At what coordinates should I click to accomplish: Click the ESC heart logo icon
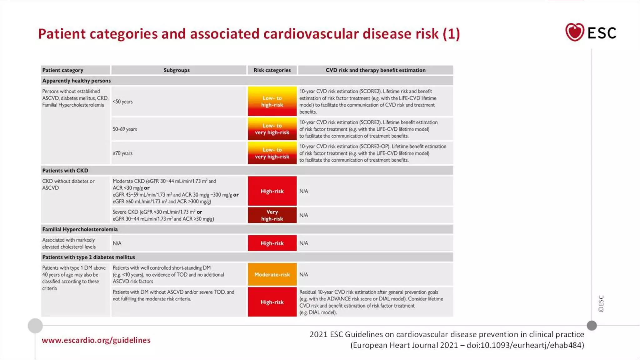[574, 32]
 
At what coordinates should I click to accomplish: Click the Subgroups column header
[177, 70]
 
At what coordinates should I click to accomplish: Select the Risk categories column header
[272, 70]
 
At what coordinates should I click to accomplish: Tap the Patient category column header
[63, 70]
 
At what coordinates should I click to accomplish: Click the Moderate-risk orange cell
[272, 274]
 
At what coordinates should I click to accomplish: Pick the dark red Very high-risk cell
[272, 215]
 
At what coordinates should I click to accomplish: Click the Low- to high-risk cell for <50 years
[272, 102]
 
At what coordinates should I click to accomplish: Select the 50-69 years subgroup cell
[125, 129]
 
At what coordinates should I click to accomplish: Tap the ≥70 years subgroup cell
[123, 153]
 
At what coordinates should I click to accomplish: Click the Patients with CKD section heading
[65, 171]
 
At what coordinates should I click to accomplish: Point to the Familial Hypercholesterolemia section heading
[80, 229]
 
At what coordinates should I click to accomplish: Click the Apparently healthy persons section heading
[77, 81]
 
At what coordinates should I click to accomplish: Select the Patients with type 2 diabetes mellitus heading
[89, 257]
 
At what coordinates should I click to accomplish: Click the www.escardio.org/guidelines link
[96, 340]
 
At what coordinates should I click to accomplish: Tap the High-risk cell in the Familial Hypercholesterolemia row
[272, 243]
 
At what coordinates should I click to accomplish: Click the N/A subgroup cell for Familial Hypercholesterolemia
[117, 243]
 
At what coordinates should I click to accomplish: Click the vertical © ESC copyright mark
[601, 303]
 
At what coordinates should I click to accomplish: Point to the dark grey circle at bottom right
[592, 326]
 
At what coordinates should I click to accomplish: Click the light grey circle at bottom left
[35, 326]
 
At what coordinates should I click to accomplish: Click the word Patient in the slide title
[62, 34]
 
